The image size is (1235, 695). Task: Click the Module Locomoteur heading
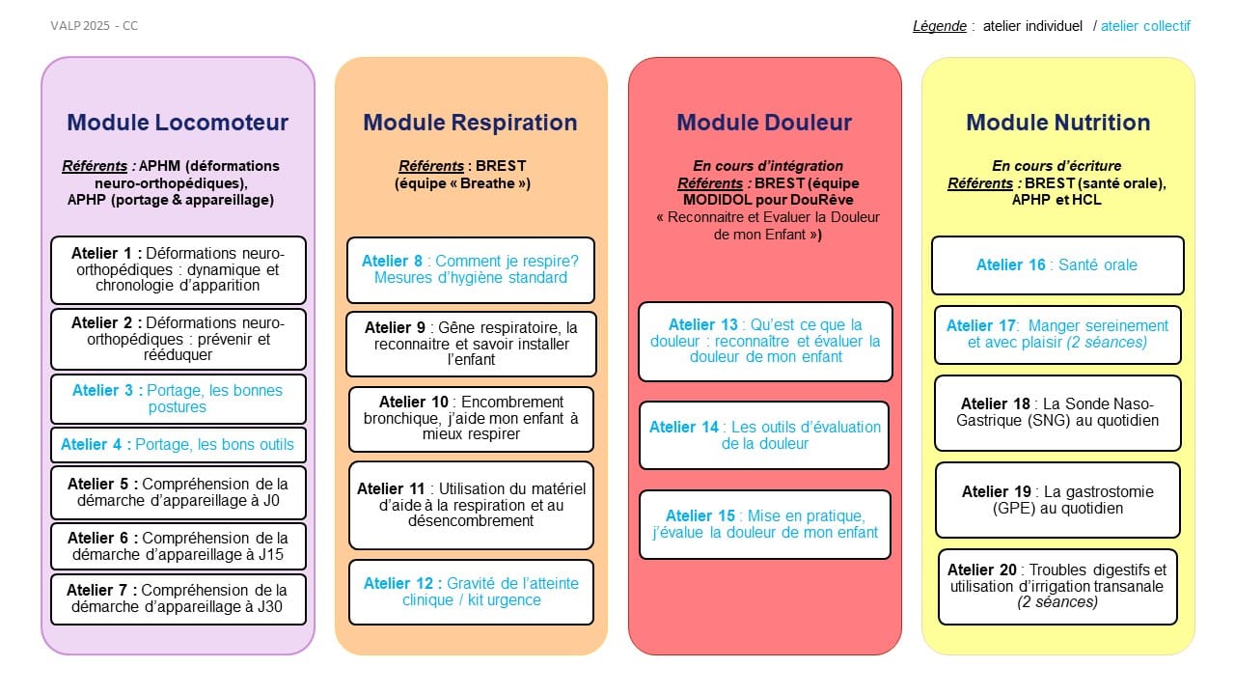[178, 123]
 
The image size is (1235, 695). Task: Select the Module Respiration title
[470, 123]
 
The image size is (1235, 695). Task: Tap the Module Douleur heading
[764, 123]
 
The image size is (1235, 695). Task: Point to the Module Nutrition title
[1057, 123]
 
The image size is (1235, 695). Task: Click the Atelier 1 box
[178, 269]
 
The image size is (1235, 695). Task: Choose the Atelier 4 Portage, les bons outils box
[178, 444]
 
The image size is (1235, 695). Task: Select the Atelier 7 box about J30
[178, 599]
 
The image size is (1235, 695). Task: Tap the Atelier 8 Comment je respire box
[470, 269]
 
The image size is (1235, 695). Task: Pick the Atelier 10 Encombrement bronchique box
[470, 419]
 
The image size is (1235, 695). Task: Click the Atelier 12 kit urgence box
[470, 592]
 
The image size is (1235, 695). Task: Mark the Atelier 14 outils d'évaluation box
[764, 435]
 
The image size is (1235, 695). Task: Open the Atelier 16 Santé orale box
[1057, 264]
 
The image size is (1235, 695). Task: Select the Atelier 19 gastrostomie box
[1057, 500]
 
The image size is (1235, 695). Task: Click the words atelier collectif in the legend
[1145, 26]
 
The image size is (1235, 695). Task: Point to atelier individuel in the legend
[1032, 26]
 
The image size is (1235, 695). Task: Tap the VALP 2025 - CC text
[95, 26]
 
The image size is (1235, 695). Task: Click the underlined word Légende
[939, 26]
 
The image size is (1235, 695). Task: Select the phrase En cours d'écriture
[1057, 166]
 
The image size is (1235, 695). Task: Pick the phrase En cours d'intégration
[768, 166]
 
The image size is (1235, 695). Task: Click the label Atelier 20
[983, 570]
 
